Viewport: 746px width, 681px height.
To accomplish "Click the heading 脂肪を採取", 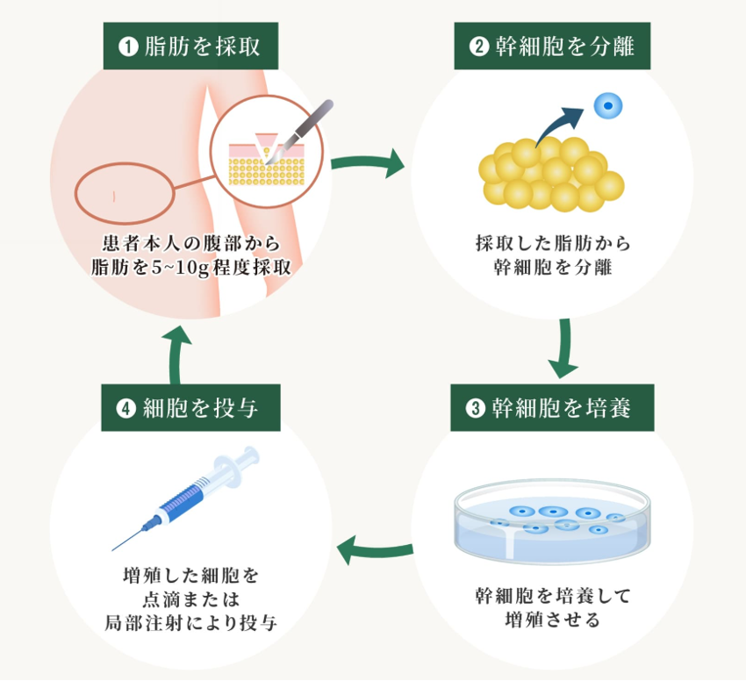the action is pyautogui.click(x=203, y=47).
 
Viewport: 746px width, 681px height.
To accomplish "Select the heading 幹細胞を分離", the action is pyautogui.click(x=564, y=47).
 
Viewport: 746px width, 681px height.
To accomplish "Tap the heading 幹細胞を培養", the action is pyautogui.click(x=562, y=408).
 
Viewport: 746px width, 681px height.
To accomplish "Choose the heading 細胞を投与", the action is pyautogui.click(x=201, y=408).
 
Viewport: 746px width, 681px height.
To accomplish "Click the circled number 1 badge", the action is pyautogui.click(x=128, y=47).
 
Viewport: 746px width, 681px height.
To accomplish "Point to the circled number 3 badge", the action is pyautogui.click(x=475, y=408).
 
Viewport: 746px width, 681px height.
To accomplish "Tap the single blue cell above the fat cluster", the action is pyautogui.click(x=607, y=106).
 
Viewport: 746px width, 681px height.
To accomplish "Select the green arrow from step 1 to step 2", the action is pyautogui.click(x=367, y=163).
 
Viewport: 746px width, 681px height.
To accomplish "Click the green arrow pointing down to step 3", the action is pyautogui.click(x=563, y=348).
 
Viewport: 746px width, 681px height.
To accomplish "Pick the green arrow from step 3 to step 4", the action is pyautogui.click(x=375, y=550).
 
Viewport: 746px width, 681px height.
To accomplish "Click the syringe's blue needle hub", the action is pyautogui.click(x=152, y=522).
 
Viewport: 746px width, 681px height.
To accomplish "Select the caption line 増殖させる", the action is pyautogui.click(x=552, y=620).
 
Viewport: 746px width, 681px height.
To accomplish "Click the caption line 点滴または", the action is pyautogui.click(x=190, y=599).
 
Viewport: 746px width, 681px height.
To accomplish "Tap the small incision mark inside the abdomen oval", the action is pyautogui.click(x=114, y=196).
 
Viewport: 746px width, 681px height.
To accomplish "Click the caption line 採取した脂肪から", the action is pyautogui.click(x=553, y=243).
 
